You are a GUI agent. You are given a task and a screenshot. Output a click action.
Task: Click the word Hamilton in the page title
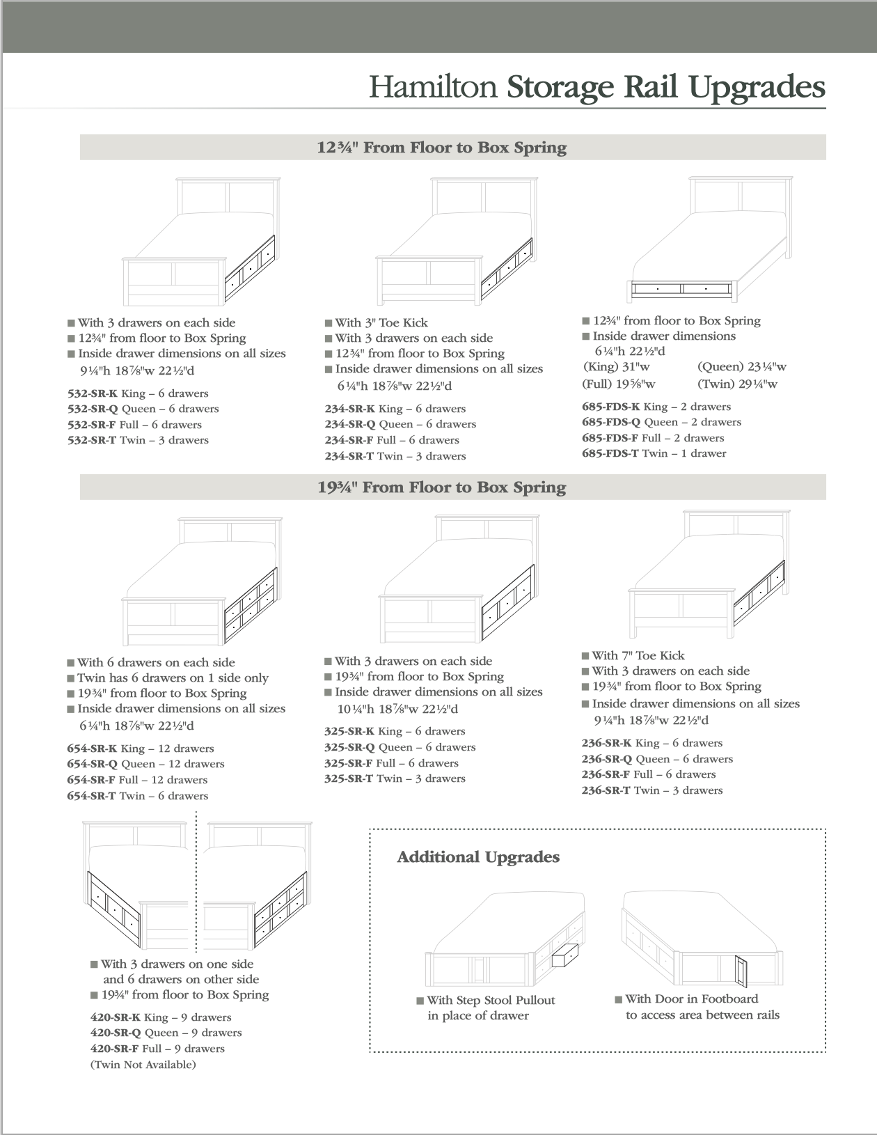click(x=432, y=88)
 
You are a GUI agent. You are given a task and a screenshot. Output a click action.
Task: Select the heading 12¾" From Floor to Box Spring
click(x=442, y=148)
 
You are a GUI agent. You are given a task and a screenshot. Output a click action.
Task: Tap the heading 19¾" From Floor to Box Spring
click(x=442, y=487)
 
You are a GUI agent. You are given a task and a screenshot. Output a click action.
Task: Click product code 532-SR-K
click(x=93, y=393)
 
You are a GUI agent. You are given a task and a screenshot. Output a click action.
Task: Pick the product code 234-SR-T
click(x=349, y=456)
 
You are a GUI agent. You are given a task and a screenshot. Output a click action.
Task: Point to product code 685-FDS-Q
click(x=610, y=422)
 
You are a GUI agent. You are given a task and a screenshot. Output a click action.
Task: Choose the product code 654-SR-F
click(x=91, y=780)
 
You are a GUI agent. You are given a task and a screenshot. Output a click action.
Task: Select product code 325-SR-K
click(x=349, y=731)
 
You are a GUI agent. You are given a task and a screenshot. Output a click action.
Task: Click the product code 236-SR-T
click(x=606, y=790)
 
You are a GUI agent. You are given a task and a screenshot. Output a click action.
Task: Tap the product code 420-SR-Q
click(x=116, y=1033)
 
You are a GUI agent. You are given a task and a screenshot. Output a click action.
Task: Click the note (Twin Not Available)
click(x=143, y=1065)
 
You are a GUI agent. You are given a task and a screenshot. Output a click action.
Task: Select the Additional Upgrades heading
click(x=478, y=857)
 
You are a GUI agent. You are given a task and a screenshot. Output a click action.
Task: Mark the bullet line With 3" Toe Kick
click(x=381, y=322)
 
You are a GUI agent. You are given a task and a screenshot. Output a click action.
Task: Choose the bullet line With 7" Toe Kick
click(x=638, y=655)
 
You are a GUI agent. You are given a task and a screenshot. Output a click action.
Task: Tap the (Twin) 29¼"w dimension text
click(x=737, y=384)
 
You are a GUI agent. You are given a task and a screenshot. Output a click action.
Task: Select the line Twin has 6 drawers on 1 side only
click(x=173, y=678)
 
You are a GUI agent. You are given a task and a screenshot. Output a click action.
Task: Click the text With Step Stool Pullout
click(x=491, y=1000)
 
